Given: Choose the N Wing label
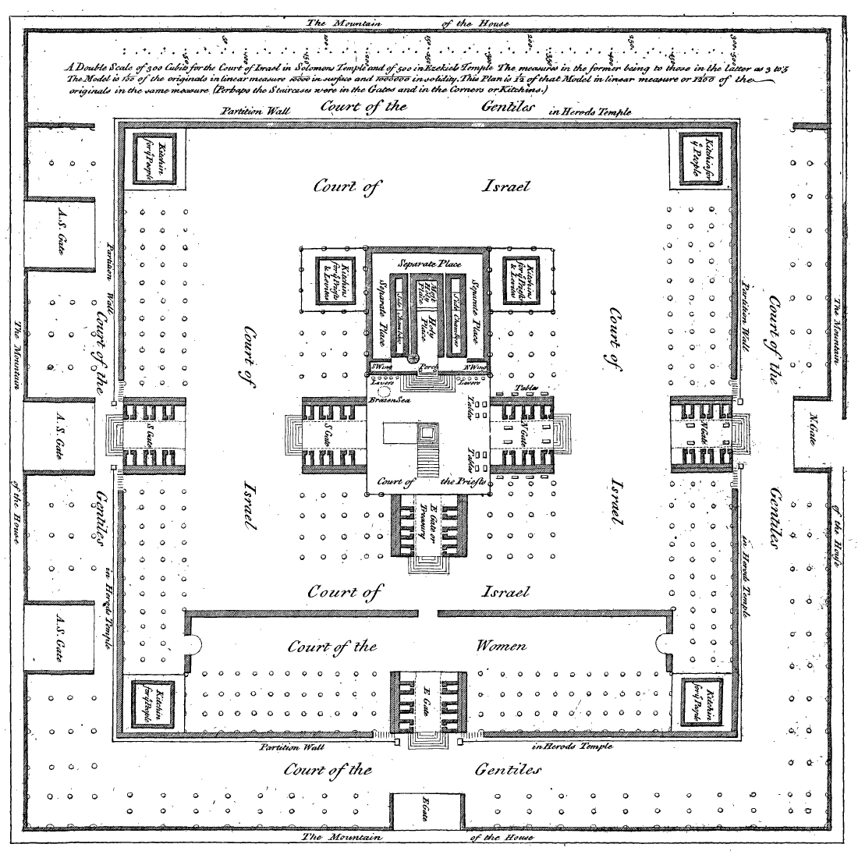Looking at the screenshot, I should point(474,365).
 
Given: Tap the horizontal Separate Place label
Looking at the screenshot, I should point(427,263).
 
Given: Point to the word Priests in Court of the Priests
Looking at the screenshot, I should point(465,481).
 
